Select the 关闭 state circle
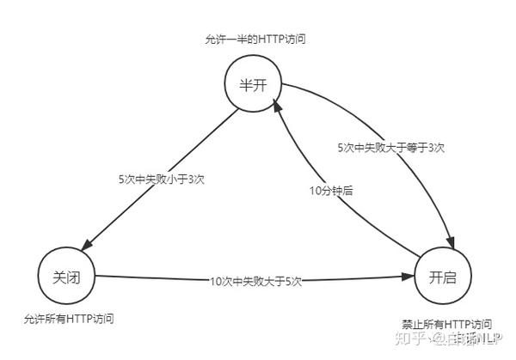[x=66, y=277]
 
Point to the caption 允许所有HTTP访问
[x=69, y=319]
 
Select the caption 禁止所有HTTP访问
[x=446, y=324]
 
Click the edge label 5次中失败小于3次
[x=160, y=180]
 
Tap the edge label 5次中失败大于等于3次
[x=390, y=148]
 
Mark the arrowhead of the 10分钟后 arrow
[x=277, y=104]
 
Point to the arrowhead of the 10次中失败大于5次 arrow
[x=409, y=278]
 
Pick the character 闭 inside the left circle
[x=74, y=277]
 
